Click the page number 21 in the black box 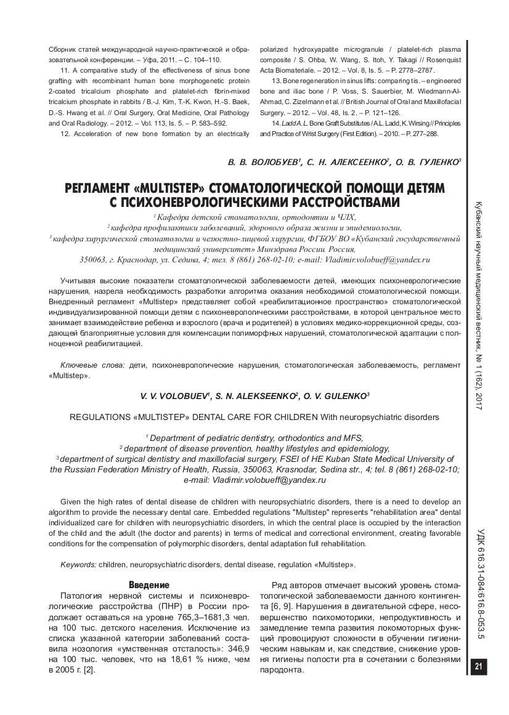click(x=478, y=666)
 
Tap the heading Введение click(x=149, y=584)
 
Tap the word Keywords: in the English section click(x=78, y=564)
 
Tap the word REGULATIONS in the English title click(x=102, y=417)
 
